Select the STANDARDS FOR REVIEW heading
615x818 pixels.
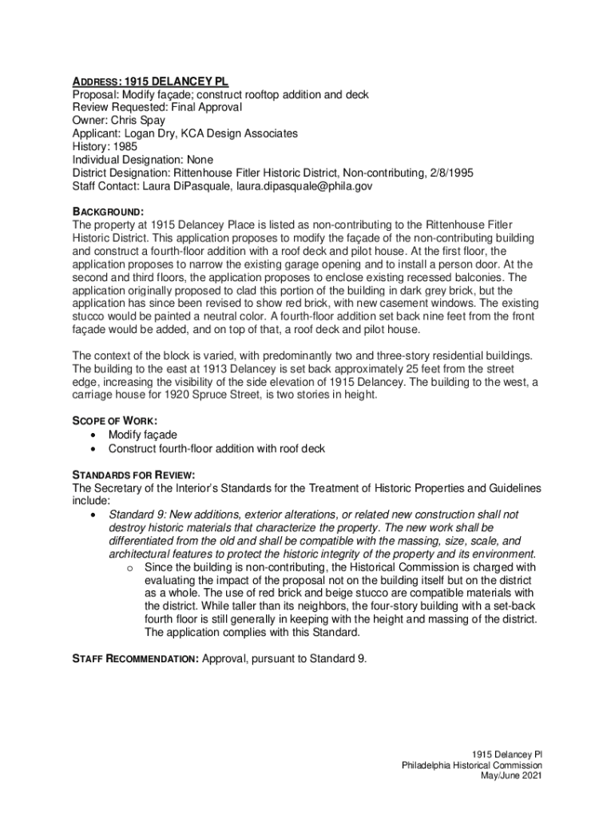point(133,474)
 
